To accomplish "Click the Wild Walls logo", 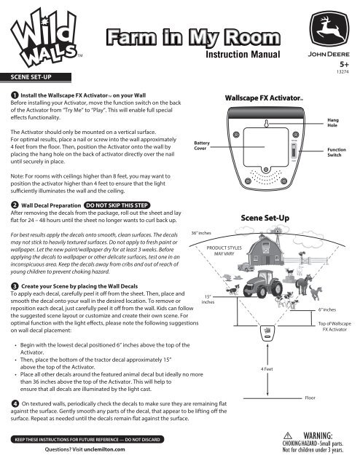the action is coord(44,38).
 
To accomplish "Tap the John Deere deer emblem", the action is coord(329,29).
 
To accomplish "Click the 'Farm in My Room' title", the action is coord(193,37).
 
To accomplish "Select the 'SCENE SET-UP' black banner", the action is coord(36,77).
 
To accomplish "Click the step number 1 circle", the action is coord(15,95).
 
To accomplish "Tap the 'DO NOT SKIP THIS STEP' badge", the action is coord(117,205).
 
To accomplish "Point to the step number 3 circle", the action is coord(15,286).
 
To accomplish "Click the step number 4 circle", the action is coord(15,403).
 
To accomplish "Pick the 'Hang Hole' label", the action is coord(333,122).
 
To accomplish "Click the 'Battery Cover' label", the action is coord(202,146).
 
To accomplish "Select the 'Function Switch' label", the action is coord(337,152).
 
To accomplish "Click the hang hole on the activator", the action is coord(266,123).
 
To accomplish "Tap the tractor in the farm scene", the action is coord(263,284).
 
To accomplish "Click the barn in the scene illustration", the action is coord(265,250).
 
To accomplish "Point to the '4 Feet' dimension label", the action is coord(267,369).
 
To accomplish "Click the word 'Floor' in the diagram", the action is coord(310,398).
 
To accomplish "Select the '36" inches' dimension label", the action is coord(201,233).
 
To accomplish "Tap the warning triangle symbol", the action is coord(288,435).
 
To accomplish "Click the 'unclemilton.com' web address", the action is coord(104,449).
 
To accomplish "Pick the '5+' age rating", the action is coord(344,65).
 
